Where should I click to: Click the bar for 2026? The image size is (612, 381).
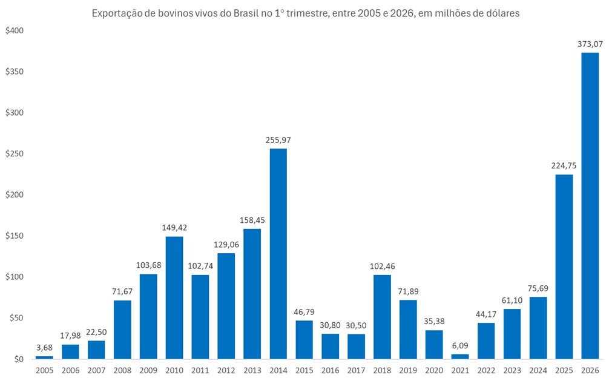590,206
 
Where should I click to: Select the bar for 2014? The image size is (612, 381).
278,254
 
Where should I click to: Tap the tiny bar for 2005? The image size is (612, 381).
44,357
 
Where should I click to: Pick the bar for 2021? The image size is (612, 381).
460,357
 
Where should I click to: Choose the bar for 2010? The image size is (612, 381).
174,297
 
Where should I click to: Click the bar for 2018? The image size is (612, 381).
382,317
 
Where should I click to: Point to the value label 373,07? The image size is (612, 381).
590,44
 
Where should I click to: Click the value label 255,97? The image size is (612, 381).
278,140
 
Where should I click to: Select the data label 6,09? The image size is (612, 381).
460,345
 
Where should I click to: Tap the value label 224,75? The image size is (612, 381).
564,165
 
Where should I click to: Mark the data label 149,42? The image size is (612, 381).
174,227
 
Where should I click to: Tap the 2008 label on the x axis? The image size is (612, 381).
122,371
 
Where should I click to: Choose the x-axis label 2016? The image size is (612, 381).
330,371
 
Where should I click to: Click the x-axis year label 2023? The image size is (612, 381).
512,371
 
